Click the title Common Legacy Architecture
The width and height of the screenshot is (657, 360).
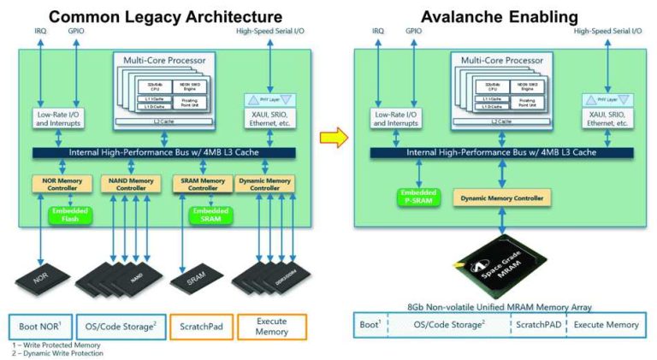click(x=165, y=16)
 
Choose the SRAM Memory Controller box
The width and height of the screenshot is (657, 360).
click(x=200, y=182)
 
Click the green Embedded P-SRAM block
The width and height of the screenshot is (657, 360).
click(x=417, y=198)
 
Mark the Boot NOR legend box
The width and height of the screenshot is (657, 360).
click(x=39, y=326)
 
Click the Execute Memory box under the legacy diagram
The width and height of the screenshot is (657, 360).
click(x=269, y=326)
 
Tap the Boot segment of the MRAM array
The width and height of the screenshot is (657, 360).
click(x=370, y=325)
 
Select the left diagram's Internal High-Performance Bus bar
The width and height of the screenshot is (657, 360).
click(x=163, y=152)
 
